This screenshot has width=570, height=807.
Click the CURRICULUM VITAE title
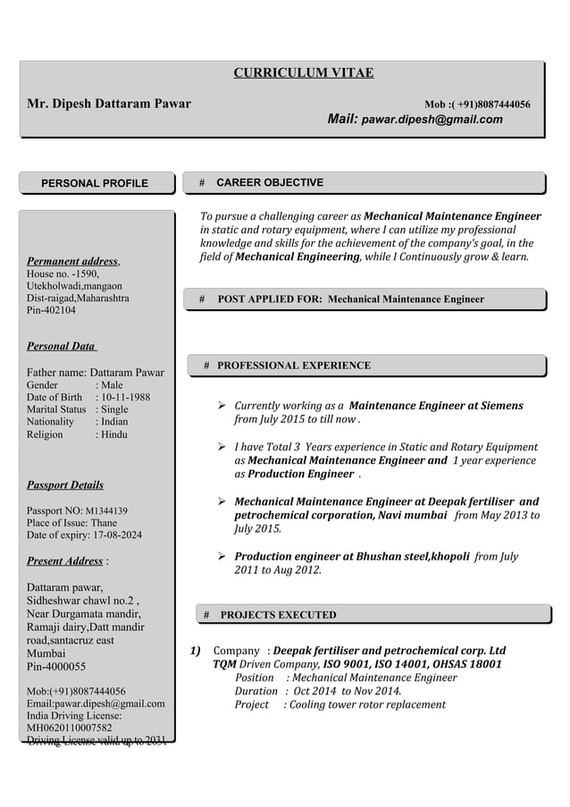[x=303, y=73]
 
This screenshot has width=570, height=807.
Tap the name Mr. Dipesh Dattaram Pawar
[x=109, y=105]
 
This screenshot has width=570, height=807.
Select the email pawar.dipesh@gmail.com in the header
[x=432, y=119]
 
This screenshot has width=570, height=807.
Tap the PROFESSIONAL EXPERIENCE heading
[x=294, y=366]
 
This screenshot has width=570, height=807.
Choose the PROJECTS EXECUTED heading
[x=278, y=615]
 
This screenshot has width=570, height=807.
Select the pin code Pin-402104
[x=52, y=309]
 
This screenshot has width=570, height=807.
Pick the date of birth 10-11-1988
[x=127, y=398]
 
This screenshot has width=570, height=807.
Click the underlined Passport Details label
[x=64, y=484]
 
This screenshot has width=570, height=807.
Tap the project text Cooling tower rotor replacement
[x=367, y=705]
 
